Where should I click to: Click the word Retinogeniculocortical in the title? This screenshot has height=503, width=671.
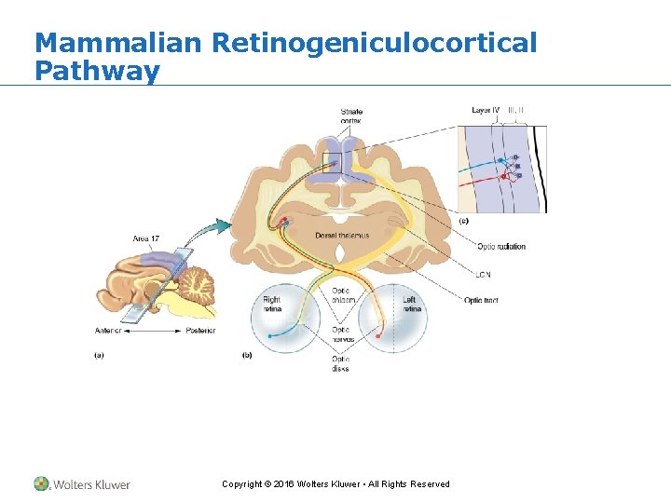(374, 43)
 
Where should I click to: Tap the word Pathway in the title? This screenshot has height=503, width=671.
(97, 71)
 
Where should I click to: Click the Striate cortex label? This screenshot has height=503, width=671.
(351, 116)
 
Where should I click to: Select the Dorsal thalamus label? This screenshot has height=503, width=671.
(341, 236)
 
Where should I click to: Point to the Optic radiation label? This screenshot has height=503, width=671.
(500, 247)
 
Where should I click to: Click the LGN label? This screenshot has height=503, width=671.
(483, 275)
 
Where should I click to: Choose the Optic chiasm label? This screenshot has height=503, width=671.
(342, 295)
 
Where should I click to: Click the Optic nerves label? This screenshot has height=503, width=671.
(342, 334)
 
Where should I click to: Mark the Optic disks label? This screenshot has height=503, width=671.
(341, 363)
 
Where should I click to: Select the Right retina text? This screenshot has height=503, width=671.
(271, 305)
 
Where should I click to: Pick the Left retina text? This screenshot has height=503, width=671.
(409, 305)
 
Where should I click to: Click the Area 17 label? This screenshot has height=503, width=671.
(145, 239)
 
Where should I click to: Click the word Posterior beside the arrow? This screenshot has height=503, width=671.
(199, 331)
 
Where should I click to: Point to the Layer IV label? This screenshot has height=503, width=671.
(486, 110)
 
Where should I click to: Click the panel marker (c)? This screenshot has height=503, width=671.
(463, 222)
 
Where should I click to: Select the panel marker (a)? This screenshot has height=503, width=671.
(100, 354)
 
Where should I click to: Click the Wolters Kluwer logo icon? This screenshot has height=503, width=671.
(42, 483)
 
